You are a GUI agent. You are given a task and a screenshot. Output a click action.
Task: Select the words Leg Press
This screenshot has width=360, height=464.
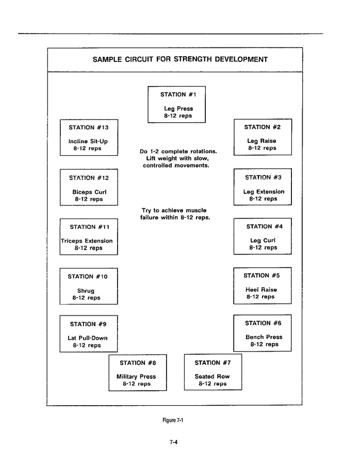point(178,109)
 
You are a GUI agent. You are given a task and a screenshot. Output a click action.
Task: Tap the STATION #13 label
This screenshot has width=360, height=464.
point(89,127)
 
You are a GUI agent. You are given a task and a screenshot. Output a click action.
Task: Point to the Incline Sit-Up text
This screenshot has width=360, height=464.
point(88,141)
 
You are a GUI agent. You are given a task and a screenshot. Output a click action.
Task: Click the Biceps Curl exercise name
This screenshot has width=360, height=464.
point(89,192)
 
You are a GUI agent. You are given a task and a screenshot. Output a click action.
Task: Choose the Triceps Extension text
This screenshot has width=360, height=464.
point(87,241)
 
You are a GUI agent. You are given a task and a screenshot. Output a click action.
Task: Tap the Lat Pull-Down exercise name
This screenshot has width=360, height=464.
point(88,338)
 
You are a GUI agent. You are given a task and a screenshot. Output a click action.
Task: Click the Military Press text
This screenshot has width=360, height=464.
point(136,376)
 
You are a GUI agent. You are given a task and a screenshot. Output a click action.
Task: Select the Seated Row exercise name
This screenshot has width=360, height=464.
point(212,376)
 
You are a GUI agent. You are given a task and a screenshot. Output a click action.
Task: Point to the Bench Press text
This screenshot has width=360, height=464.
point(264,337)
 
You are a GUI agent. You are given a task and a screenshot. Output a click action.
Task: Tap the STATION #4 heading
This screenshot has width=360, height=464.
point(264,226)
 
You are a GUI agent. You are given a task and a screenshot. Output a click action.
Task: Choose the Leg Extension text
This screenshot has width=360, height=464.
point(264,192)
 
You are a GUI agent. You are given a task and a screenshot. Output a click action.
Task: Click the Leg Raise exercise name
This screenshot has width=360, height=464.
point(261,141)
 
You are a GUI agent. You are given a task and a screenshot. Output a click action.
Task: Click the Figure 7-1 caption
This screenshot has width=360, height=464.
point(173,420)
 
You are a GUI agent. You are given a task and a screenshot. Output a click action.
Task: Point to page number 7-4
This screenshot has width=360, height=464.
point(173,441)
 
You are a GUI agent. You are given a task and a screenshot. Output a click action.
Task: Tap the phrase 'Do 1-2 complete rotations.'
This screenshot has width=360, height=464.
point(178,152)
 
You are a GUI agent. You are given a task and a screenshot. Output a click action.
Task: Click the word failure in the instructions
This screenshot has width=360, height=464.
point(152,218)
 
